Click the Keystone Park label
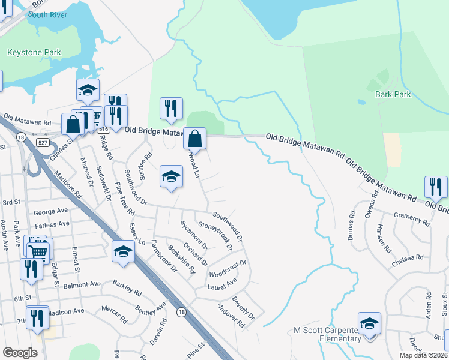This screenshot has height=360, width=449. click(34, 53)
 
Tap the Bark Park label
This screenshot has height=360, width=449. click(393, 94)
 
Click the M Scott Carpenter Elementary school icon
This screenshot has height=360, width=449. click(370, 324)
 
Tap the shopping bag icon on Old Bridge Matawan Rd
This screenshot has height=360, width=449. click(195, 139)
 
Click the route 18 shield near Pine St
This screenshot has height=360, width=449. click(181, 312)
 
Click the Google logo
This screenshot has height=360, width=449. click(20, 353)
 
